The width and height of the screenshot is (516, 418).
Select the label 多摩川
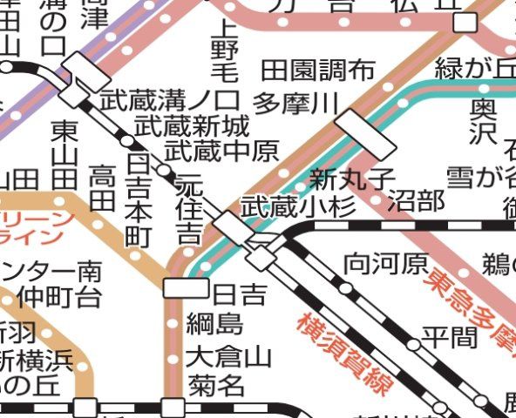tap(295, 104)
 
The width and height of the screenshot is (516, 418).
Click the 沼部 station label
tap(416, 201)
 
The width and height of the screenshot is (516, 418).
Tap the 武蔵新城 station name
tap(192, 126)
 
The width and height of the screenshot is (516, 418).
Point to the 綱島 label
tap(214, 326)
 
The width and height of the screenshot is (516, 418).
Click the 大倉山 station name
tap(229, 357)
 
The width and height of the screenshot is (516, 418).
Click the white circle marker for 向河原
tap(345, 288)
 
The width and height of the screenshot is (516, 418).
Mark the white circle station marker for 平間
tap(413, 345)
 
